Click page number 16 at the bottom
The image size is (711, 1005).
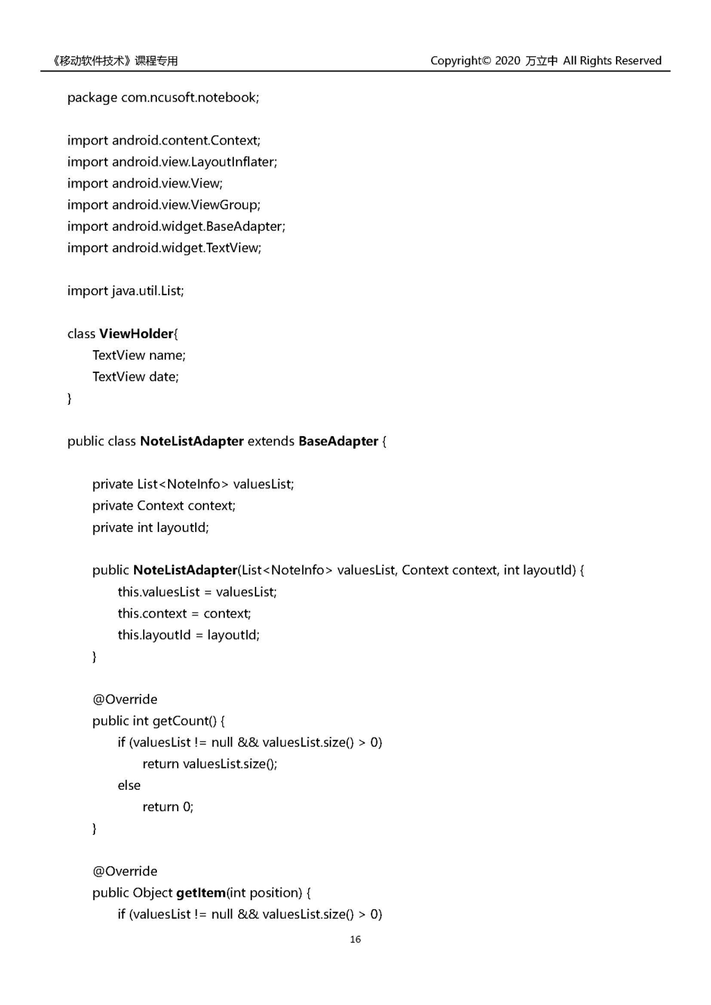[x=355, y=939]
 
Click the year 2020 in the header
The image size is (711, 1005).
[x=508, y=60]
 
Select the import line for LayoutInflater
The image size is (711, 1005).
[x=172, y=162]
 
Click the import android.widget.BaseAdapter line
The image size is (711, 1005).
[x=176, y=226]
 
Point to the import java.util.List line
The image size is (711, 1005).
[x=126, y=291]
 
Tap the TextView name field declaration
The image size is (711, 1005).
[x=139, y=356]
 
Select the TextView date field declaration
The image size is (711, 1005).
[x=135, y=377]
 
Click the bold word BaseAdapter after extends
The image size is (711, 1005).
[x=338, y=442]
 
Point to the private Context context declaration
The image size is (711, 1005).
[x=164, y=506]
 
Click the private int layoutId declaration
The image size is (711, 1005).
[x=151, y=528]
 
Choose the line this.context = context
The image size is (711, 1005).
[x=184, y=613]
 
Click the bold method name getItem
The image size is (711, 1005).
[x=201, y=892]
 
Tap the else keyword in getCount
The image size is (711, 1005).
[x=129, y=786]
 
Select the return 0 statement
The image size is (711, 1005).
[x=168, y=807]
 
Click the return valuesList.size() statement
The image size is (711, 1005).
[x=210, y=764]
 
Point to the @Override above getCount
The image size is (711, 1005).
[x=125, y=699]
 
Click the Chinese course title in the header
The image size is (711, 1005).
[x=115, y=60]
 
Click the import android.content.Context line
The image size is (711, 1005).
[x=164, y=140]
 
